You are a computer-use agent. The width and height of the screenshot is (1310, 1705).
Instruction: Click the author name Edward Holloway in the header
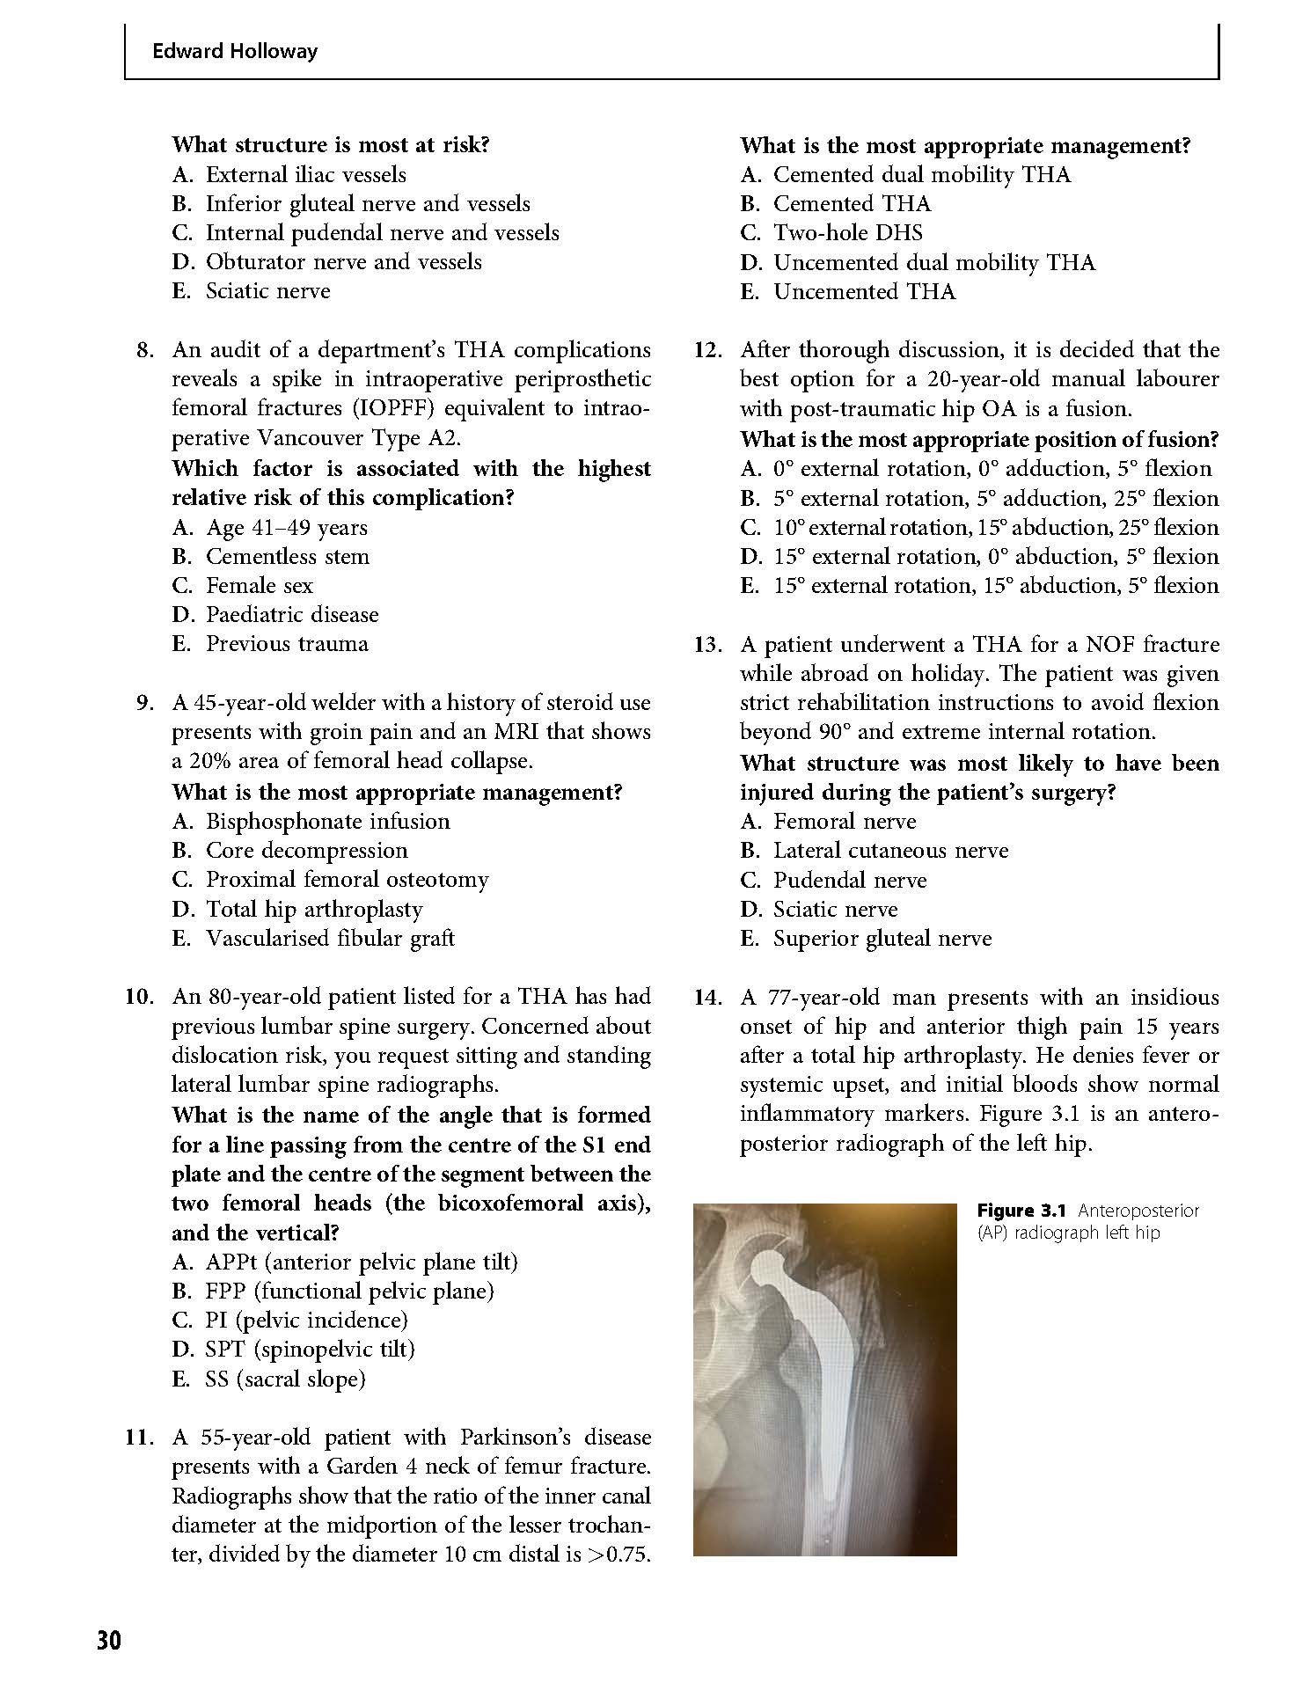[x=234, y=51]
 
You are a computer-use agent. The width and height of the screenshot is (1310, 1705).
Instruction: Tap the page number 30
[x=108, y=1641]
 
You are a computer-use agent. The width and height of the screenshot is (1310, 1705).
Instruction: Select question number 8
[x=146, y=350]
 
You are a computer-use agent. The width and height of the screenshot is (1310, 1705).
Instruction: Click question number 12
[x=707, y=350]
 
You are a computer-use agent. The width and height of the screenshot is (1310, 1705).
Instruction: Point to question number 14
[x=707, y=997]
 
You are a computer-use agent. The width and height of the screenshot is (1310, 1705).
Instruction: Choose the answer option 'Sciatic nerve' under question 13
[x=835, y=909]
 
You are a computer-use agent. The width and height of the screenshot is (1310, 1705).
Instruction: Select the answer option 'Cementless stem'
[x=287, y=556]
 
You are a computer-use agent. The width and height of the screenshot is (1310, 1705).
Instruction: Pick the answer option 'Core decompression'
[x=306, y=850]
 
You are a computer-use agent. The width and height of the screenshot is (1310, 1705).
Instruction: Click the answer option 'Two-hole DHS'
[x=847, y=232]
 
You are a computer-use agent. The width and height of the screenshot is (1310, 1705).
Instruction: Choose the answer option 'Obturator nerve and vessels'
[x=343, y=261]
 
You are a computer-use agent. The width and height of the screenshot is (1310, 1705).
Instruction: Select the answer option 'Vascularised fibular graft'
[x=330, y=938]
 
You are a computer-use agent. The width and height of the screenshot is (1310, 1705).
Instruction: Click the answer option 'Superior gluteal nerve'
[x=882, y=938]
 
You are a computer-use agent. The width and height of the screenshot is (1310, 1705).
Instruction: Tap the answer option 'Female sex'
[x=259, y=585]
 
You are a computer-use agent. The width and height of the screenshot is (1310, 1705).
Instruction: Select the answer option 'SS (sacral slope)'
[x=284, y=1379]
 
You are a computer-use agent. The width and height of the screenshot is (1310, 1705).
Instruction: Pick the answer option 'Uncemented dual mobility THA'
[x=933, y=262]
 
